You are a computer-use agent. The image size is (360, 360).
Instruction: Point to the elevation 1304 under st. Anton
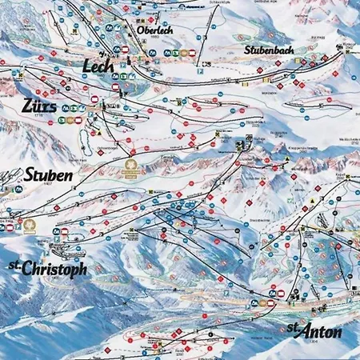point(306,342)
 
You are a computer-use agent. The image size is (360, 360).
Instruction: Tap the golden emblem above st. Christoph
point(30,225)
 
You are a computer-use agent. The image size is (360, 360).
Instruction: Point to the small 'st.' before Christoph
point(13,264)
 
